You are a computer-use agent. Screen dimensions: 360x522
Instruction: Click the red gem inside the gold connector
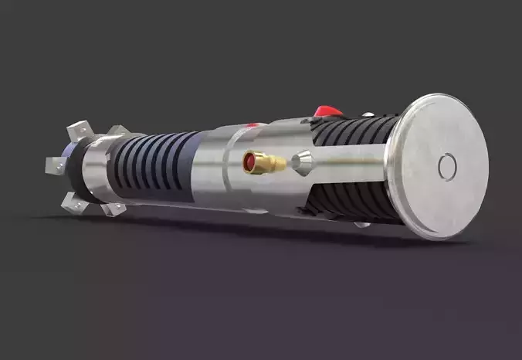click(x=250, y=161)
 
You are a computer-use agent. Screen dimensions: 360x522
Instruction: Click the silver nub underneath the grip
click(x=360, y=225)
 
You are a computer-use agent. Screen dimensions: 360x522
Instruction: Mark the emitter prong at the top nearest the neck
click(x=116, y=131)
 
